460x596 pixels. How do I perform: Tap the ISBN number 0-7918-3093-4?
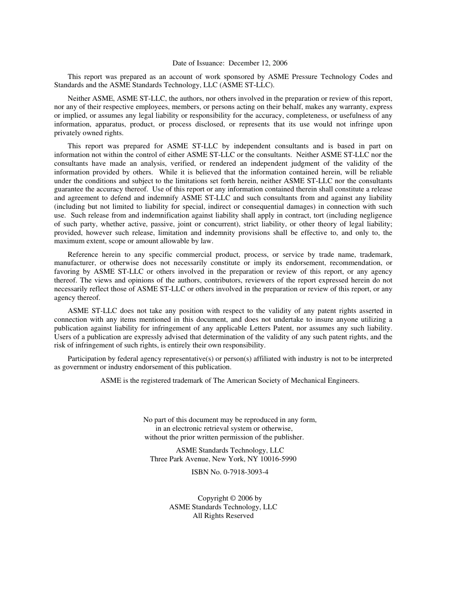click(x=245, y=472)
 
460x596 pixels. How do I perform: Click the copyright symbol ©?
click(x=232, y=498)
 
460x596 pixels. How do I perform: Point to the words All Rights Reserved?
click(x=223, y=516)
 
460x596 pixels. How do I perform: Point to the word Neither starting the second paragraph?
click(x=79, y=98)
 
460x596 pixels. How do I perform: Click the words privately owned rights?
click(x=89, y=133)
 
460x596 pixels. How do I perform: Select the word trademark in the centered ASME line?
click(x=190, y=380)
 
